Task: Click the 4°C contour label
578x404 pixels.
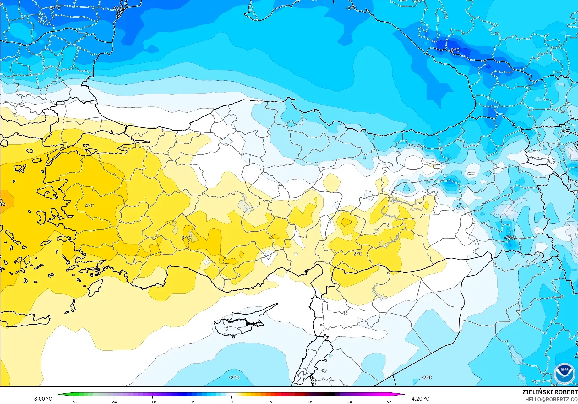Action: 89,206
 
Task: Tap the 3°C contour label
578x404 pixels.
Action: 186,238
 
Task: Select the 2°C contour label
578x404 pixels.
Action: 358,254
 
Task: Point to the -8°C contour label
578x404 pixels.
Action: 454,50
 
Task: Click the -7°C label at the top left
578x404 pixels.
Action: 55,8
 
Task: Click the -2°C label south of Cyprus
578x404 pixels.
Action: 234,378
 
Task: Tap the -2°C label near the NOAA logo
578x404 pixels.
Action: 427,378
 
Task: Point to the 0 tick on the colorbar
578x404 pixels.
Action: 232,402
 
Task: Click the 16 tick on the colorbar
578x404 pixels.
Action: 310,402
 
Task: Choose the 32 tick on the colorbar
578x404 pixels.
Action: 389,402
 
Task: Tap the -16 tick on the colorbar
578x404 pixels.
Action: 152,402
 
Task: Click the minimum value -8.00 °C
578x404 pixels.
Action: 42,399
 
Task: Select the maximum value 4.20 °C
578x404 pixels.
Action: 420,399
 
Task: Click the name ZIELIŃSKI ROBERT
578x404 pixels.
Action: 550,392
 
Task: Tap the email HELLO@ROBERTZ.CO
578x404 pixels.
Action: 551,399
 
